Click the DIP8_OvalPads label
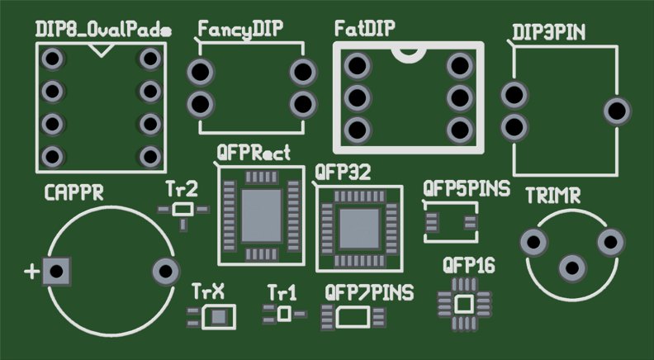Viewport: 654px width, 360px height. click(103, 30)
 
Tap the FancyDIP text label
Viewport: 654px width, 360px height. click(240, 30)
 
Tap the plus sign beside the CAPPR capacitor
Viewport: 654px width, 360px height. click(32, 272)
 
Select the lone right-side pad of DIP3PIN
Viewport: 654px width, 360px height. click(617, 111)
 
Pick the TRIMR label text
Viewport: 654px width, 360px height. click(552, 197)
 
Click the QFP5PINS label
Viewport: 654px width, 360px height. click(465, 188)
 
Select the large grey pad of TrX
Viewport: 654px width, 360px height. click(219, 317)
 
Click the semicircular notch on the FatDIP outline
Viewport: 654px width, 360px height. click(407, 54)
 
